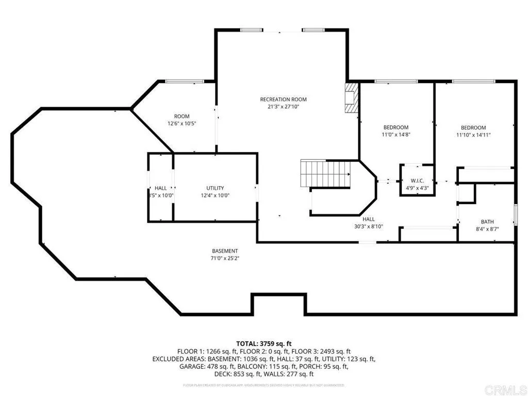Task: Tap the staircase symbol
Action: pos(326,174)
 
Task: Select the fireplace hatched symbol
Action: pos(351,97)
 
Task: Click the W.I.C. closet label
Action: pos(417,180)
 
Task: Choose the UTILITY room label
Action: pos(215,188)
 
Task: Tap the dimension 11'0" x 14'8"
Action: pos(395,135)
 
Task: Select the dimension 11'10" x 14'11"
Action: pos(473,135)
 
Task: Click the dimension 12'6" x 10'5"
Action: pos(181,124)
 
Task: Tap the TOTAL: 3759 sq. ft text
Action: pos(264,343)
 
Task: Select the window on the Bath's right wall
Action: pos(515,212)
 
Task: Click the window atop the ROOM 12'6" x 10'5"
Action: pos(184,81)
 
